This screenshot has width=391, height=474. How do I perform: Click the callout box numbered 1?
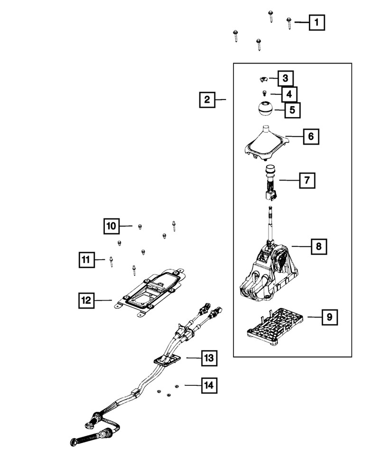[317, 22]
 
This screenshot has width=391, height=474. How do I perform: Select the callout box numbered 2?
[207, 100]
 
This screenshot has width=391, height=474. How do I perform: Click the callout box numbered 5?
[292, 110]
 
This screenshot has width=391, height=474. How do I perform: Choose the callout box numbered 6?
[311, 137]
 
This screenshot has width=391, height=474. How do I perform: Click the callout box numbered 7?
[307, 180]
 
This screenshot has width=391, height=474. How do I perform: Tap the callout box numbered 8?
[319, 246]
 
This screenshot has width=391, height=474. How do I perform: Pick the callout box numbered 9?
[329, 317]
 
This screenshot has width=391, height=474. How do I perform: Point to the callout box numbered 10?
[111, 227]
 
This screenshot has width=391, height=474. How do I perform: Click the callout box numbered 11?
[85, 259]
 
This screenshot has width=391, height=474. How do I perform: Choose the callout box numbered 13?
[209, 358]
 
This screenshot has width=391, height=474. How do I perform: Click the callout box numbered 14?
[209, 385]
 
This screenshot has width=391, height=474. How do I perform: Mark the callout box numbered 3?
[286, 78]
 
